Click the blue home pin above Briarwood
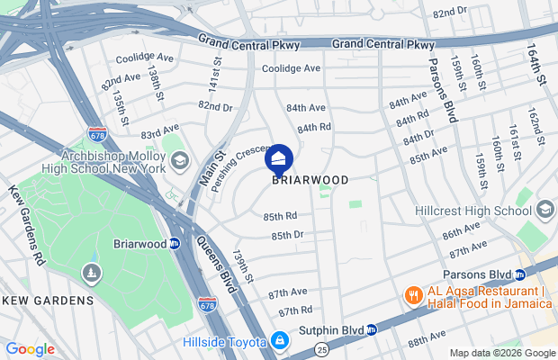pyautogui.click(x=278, y=161)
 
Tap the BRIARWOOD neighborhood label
pyautogui.click(x=310, y=180)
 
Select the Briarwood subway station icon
pyautogui.click(x=175, y=244)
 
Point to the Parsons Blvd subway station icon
pyautogui.click(x=520, y=274)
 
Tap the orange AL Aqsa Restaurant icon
pyautogui.click(x=413, y=296)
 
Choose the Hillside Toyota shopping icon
pyautogui.click(x=280, y=341)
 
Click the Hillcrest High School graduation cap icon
pyautogui.click(x=544, y=211)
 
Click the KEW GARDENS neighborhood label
pyautogui.click(x=47, y=300)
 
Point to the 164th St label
pyautogui.click(x=535, y=67)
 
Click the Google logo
pyautogui.click(x=30, y=349)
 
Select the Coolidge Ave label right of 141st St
pyautogui.click(x=291, y=68)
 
